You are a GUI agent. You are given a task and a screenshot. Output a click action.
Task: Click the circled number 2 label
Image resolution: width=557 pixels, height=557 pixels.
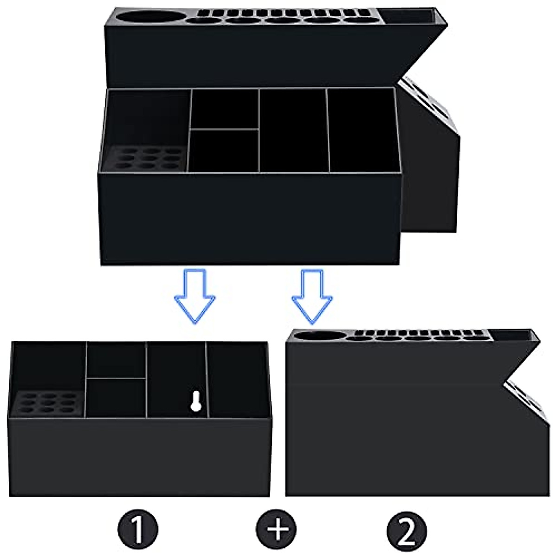pyautogui.click(x=407, y=530)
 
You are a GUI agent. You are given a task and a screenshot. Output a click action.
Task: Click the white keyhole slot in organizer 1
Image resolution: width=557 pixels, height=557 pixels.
pyautogui.click(x=195, y=401)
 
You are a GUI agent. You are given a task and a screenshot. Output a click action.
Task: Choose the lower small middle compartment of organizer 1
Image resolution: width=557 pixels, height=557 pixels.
pyautogui.click(x=116, y=397)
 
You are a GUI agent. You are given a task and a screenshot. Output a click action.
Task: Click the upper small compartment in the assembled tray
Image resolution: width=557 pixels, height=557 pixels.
pyautogui.click(x=225, y=109)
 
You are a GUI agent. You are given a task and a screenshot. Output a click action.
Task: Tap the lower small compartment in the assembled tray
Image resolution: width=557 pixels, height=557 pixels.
pyautogui.click(x=224, y=149)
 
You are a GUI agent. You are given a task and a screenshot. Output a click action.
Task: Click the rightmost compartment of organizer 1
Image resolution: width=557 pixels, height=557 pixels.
pyautogui.click(x=237, y=378)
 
